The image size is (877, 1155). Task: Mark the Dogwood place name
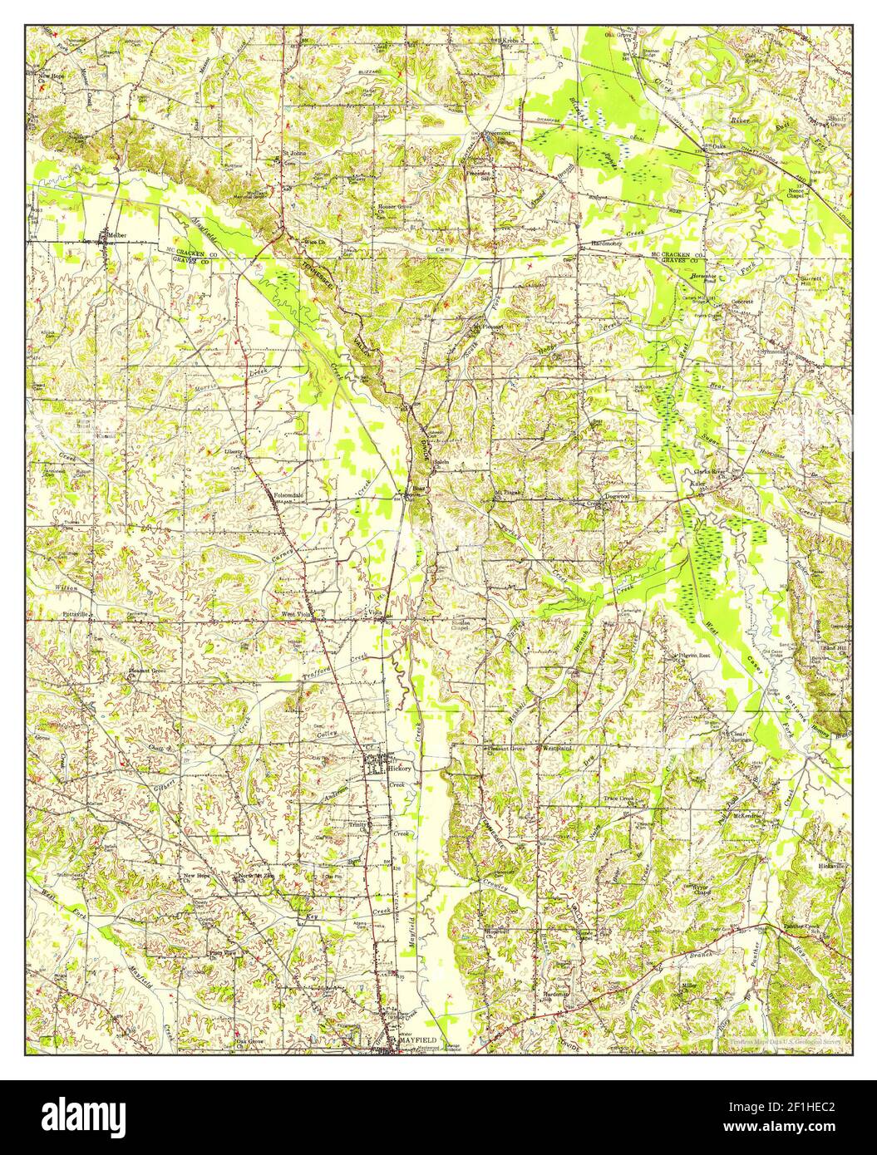point(618,496)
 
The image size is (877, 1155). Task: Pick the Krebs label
point(509,39)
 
